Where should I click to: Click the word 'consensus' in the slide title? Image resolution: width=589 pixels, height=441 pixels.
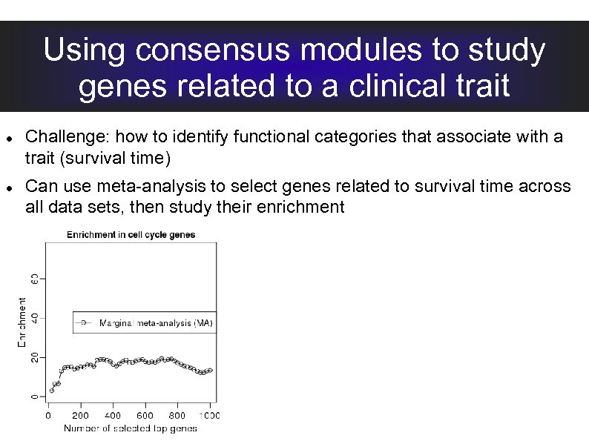tap(216, 51)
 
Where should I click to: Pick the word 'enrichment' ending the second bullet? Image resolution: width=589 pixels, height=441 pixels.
tap(300, 207)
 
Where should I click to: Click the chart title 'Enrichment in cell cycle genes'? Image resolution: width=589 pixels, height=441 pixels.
tap(131, 235)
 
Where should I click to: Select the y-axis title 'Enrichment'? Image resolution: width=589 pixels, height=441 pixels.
tap(22, 322)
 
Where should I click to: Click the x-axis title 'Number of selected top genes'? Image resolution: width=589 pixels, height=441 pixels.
tap(131, 428)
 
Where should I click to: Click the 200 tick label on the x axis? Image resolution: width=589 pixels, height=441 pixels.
tap(80, 415)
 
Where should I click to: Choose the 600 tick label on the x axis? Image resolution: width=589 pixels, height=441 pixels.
tap(145, 415)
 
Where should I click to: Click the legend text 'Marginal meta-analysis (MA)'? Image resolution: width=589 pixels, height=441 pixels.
tap(156, 323)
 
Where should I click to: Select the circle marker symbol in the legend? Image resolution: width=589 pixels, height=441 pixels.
tap(84, 322)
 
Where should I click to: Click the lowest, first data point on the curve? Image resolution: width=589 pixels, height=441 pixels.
tap(51, 390)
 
